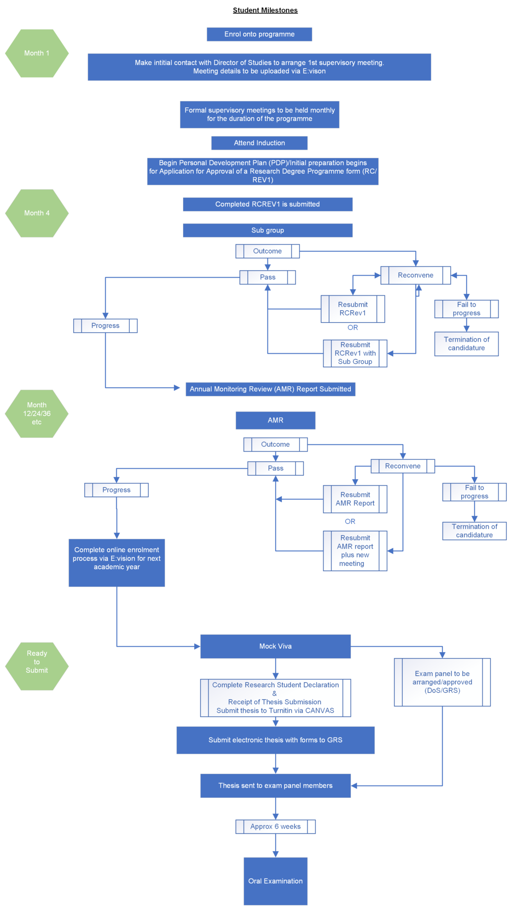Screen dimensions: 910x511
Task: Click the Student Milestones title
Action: pyautogui.click(x=265, y=10)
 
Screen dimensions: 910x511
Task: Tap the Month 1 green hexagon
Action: pyautogui.click(x=37, y=53)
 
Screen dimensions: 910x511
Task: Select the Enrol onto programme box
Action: pyautogui.click(x=259, y=35)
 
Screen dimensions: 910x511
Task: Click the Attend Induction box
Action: pyautogui.click(x=259, y=143)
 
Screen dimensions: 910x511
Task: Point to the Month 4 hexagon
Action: pyautogui.click(x=37, y=213)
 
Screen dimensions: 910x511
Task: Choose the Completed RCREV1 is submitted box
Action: pyautogui.click(x=267, y=204)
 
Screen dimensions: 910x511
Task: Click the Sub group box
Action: pyautogui.click(x=267, y=230)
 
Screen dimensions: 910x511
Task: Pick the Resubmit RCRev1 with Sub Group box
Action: pyautogui.click(x=355, y=353)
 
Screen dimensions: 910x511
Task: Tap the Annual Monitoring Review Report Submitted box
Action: pyautogui.click(x=270, y=389)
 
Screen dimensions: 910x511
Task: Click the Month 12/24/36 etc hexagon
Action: pyautogui.click(x=37, y=414)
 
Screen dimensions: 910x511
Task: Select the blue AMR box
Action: pyautogui.click(x=276, y=420)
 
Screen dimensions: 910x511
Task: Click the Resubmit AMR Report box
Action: pyautogui.click(x=355, y=499)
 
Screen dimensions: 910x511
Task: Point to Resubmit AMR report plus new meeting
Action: pyautogui.click(x=355, y=551)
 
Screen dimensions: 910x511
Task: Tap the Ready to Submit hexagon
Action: pyautogui.click(x=37, y=662)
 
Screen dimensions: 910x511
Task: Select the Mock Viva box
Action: pyautogui.click(x=276, y=646)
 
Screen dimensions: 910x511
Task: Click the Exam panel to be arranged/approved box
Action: pyautogui.click(x=442, y=682)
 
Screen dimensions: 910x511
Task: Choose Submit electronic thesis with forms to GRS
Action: pyautogui.click(x=276, y=740)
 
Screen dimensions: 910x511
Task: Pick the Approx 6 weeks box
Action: pyautogui.click(x=276, y=826)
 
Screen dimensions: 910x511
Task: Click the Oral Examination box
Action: pyautogui.click(x=276, y=881)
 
